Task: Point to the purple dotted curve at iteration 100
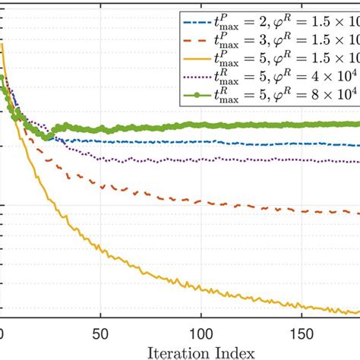[x=201, y=160]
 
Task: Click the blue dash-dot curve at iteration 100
[x=201, y=142]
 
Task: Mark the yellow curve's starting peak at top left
[x=3, y=46]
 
